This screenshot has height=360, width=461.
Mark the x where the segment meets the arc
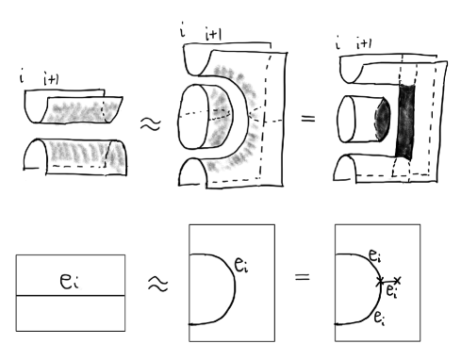[380, 281]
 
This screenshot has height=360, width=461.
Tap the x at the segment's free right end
[398, 280]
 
